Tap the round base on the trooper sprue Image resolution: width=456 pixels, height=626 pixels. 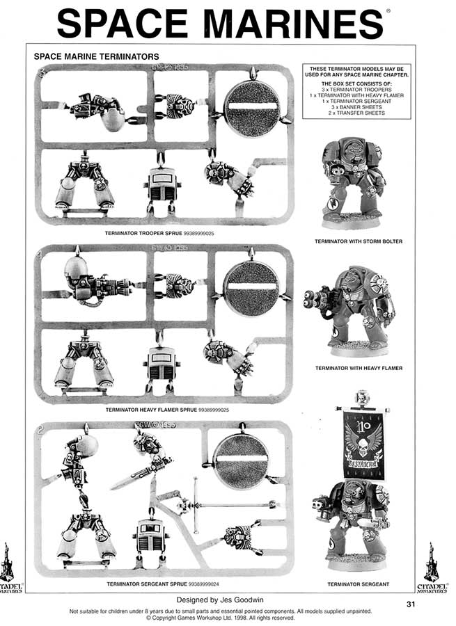click(251, 109)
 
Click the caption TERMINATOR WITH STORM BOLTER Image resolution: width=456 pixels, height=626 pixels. click(359, 241)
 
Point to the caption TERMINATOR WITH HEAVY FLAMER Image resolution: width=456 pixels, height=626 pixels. click(359, 367)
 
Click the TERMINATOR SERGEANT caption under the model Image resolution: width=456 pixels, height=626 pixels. click(358, 584)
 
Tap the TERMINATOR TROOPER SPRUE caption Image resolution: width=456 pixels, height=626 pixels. click(159, 234)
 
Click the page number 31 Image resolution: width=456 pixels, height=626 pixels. click(411, 603)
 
